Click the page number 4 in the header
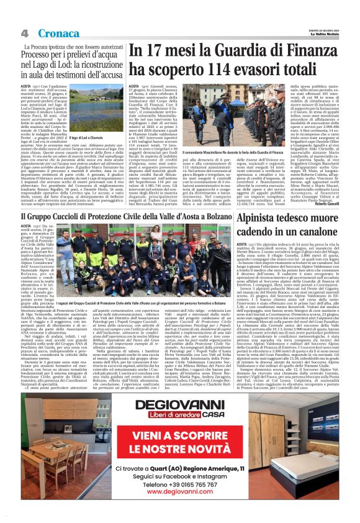24,32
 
